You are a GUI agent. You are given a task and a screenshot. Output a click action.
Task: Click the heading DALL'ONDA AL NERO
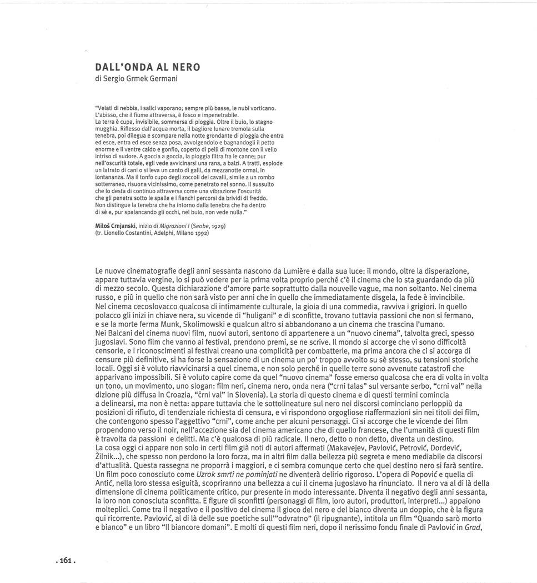pyautogui.click(x=148, y=67)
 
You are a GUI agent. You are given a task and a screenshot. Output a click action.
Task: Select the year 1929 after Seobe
pyautogui.click(x=218, y=227)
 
